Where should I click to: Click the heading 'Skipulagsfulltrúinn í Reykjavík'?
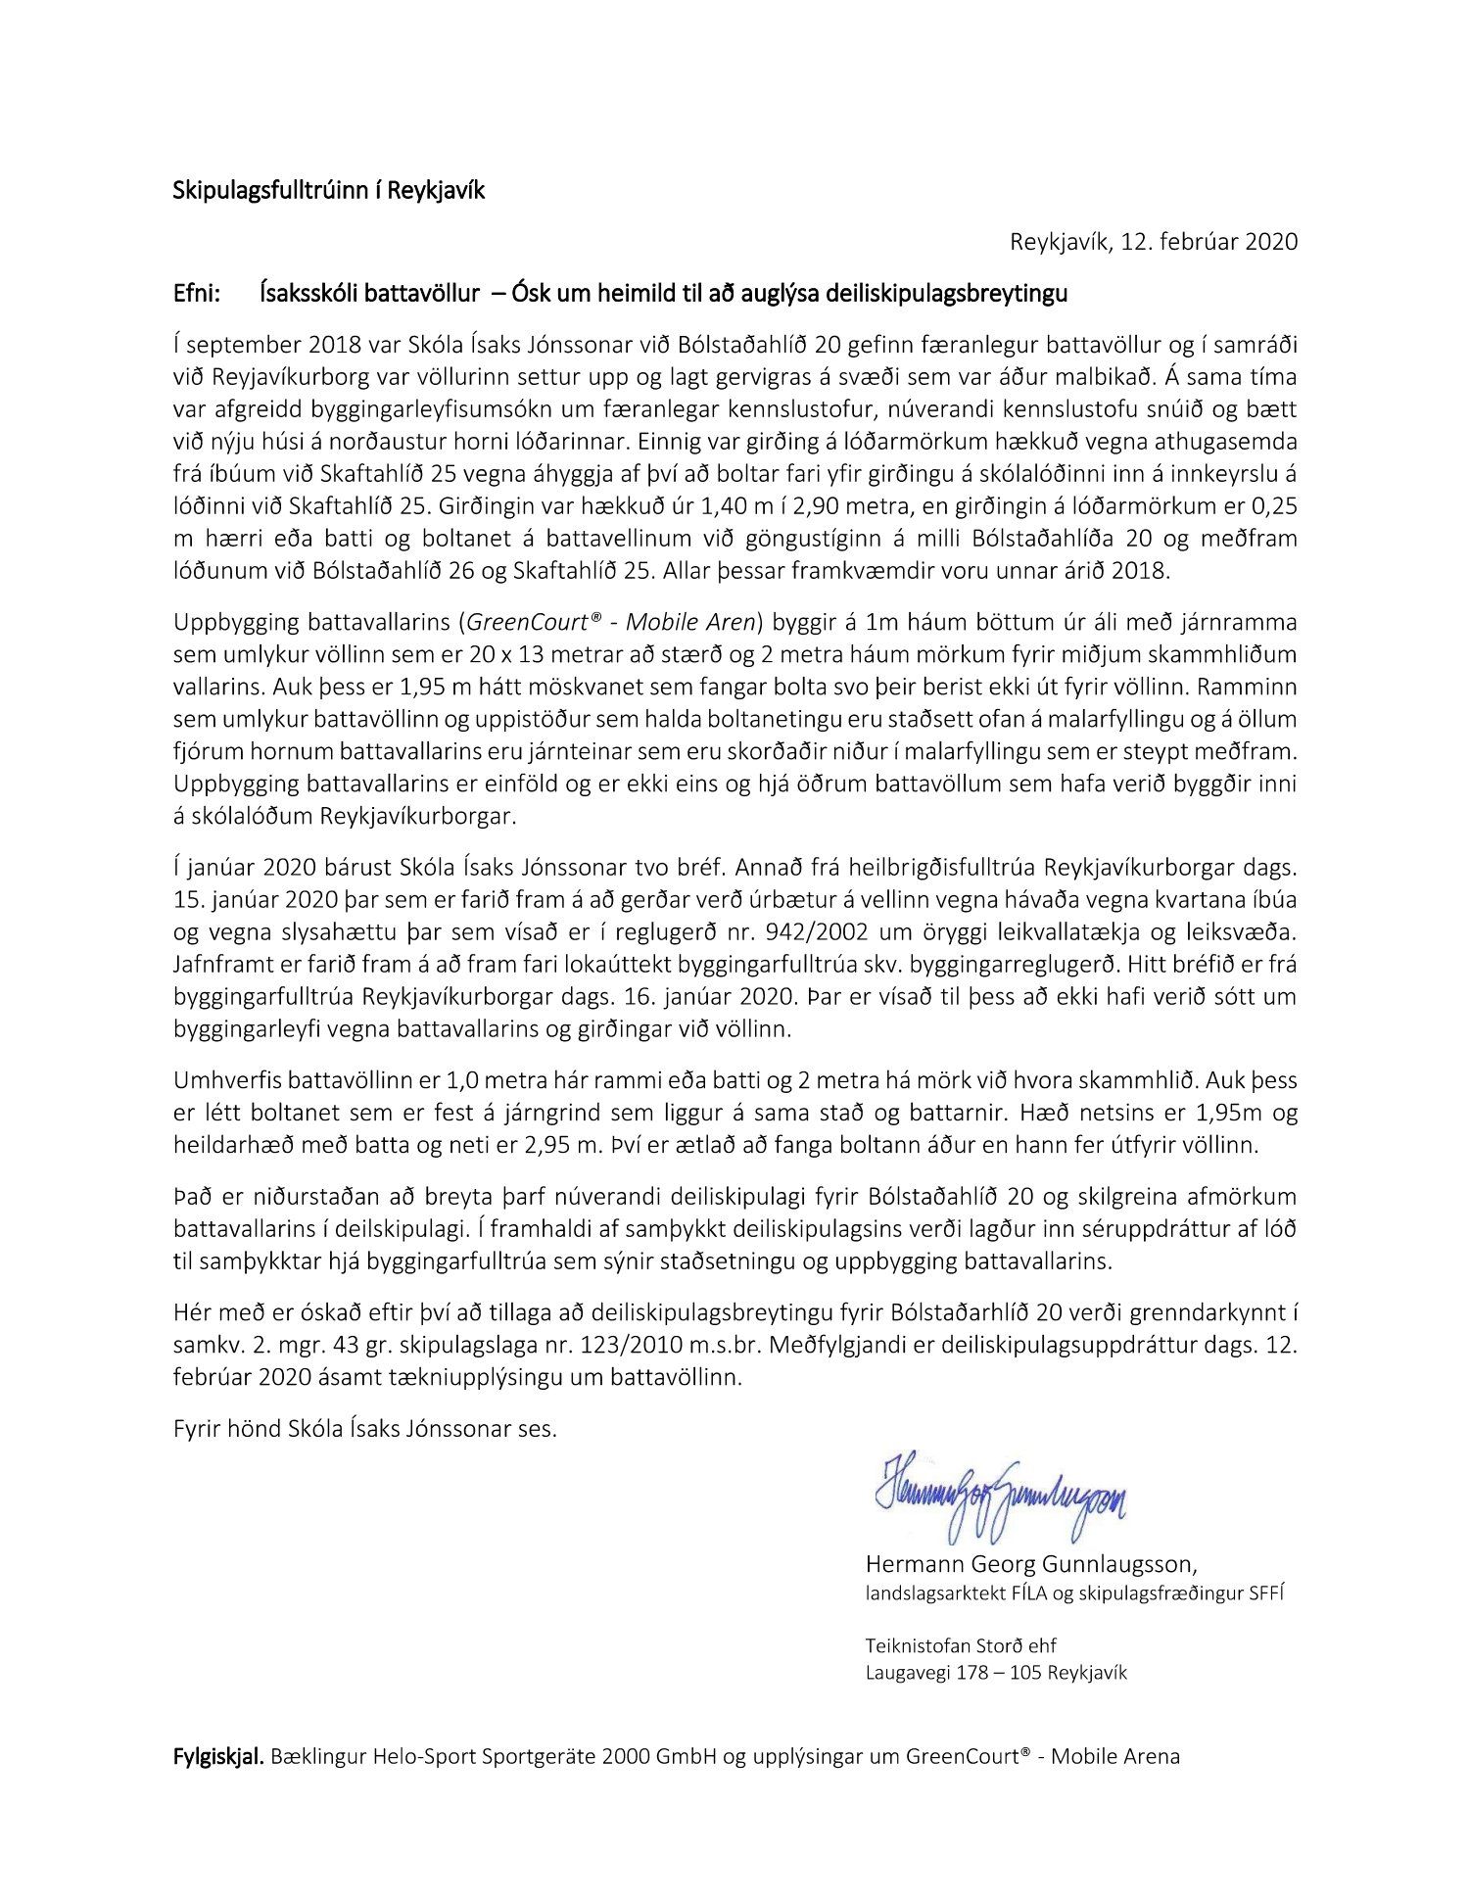coord(328,191)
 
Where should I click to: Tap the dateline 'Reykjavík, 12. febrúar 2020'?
coord(1153,242)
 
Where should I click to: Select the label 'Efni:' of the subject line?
coord(197,293)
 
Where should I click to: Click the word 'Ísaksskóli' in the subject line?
coord(313,293)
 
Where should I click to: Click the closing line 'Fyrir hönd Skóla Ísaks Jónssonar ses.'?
coord(364,1428)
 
